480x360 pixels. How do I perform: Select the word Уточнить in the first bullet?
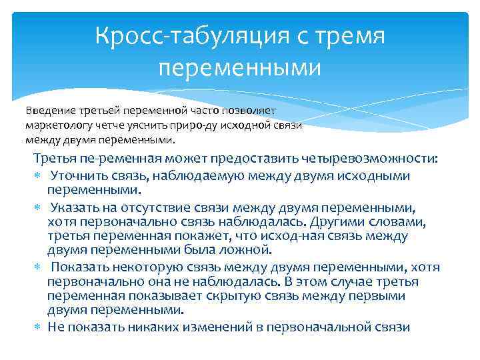81,175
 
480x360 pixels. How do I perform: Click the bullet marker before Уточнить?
37,176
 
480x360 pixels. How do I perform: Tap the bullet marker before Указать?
37,207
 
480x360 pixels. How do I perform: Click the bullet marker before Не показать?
37,327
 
